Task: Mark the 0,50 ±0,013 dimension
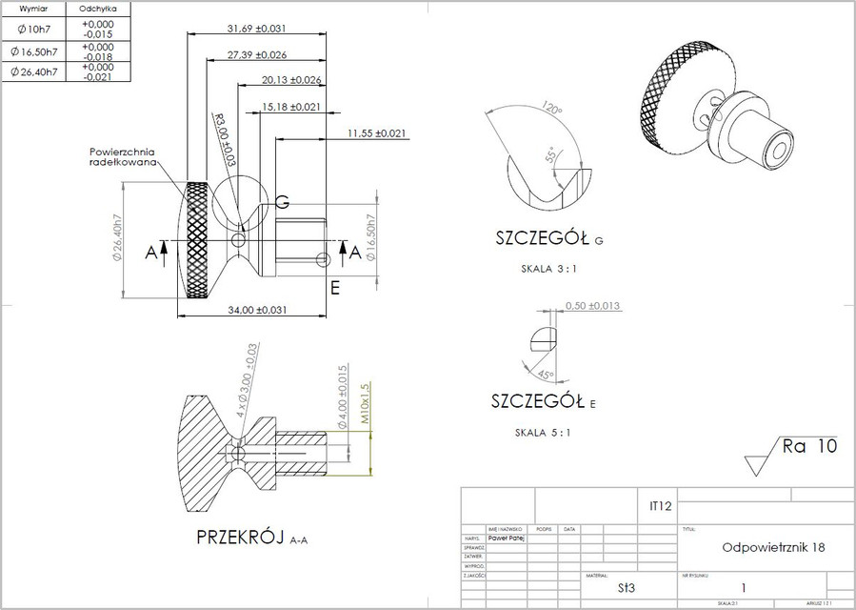[593, 306]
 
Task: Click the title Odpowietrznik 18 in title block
[773, 548]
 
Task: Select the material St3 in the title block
[626, 588]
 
